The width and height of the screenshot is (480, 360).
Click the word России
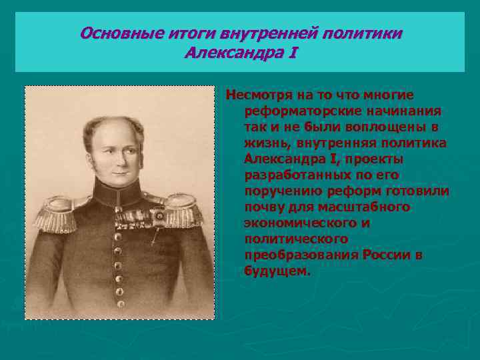tap(384, 256)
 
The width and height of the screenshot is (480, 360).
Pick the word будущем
tap(277, 272)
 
